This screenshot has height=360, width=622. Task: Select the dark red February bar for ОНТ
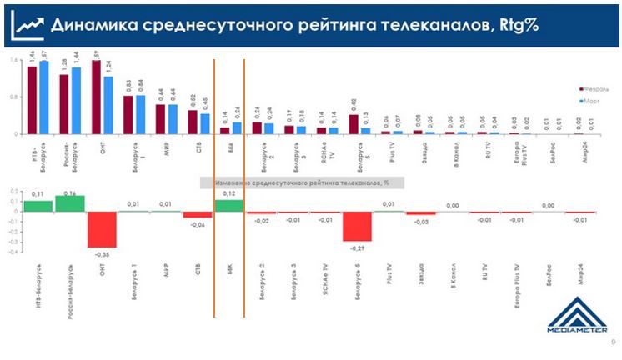(97, 97)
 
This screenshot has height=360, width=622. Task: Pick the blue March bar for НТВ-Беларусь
(43, 97)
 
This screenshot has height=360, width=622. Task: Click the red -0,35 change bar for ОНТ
(102, 229)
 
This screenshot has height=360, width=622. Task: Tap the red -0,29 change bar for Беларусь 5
(357, 227)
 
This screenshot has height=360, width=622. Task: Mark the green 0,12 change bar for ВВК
(229, 206)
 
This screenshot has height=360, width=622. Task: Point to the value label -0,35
(103, 253)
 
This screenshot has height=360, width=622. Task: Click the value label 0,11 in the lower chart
(38, 193)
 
